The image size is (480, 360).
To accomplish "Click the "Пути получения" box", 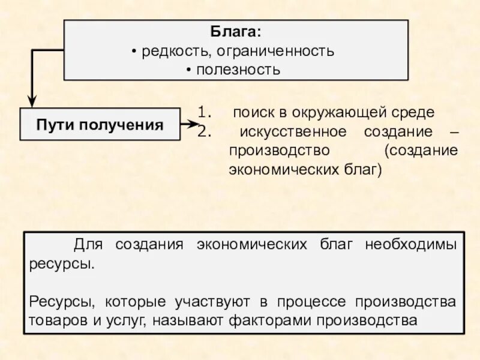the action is [100, 124].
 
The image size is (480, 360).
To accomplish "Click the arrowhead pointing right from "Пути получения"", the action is [193, 124].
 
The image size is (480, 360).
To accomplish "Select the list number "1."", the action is [204, 112].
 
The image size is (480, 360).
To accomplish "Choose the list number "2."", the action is [204, 130].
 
